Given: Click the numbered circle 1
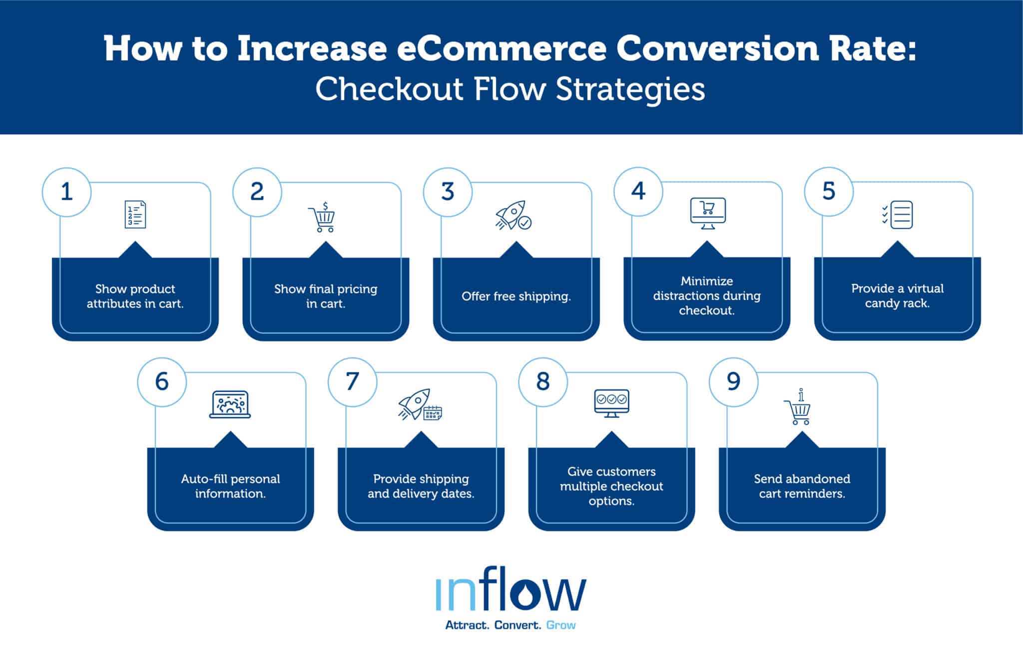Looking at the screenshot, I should [x=66, y=192].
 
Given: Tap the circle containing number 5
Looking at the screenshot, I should [x=829, y=191].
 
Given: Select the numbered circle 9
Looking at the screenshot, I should [x=733, y=382].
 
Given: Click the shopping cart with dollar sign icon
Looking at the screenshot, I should [x=322, y=217].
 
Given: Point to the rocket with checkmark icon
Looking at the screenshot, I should [x=513, y=216].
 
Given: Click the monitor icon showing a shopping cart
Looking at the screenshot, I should [x=707, y=213].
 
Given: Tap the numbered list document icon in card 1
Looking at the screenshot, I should [x=135, y=215].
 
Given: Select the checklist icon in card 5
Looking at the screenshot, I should [x=897, y=215].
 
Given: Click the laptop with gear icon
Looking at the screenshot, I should [x=230, y=404].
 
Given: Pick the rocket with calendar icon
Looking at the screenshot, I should [x=420, y=405].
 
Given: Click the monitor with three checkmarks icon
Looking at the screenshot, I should [x=611, y=403].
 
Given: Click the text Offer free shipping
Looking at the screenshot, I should [x=516, y=296].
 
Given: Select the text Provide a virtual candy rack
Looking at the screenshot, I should [x=897, y=296].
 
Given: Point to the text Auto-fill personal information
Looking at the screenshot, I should [x=230, y=486].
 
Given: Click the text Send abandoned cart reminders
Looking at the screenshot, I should [x=802, y=486].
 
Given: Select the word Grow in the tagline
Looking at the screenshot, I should [x=560, y=625].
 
